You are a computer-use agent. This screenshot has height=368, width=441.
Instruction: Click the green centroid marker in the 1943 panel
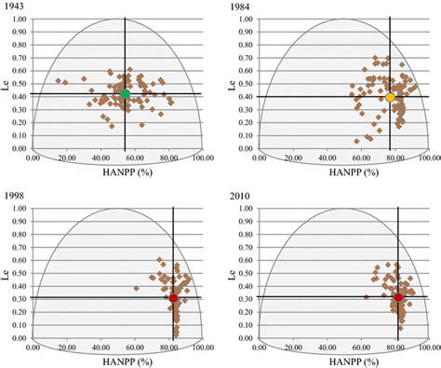pyautogui.click(x=126, y=93)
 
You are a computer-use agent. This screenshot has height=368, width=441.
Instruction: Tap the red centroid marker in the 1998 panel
pyautogui.click(x=174, y=298)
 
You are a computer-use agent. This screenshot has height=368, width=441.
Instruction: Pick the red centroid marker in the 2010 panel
pyautogui.click(x=399, y=297)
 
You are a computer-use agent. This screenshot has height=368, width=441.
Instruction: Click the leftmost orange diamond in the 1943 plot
pyautogui.click(x=58, y=80)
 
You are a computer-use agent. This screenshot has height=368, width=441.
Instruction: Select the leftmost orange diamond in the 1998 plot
pyautogui.click(x=136, y=288)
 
